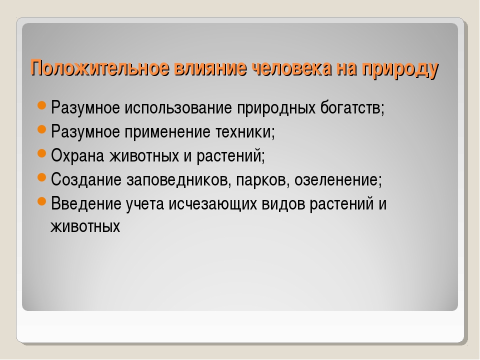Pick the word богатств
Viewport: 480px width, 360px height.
[352, 108]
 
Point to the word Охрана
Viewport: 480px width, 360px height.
[78, 156]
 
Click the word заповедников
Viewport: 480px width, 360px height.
[179, 180]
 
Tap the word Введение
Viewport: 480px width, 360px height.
[86, 204]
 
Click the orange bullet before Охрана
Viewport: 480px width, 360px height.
[41, 153]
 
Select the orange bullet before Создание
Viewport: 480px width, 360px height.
[41, 177]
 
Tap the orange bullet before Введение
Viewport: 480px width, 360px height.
[41, 201]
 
